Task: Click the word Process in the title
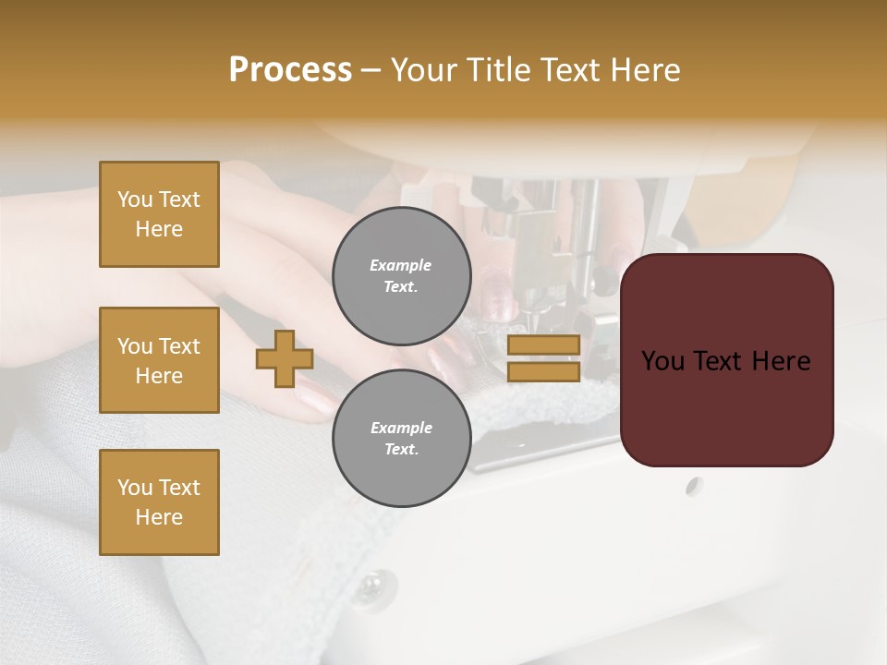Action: [290, 69]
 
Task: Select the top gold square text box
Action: [159, 214]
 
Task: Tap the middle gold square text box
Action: [159, 360]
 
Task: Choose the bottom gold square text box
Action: [159, 502]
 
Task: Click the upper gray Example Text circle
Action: [402, 276]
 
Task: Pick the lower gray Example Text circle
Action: [402, 439]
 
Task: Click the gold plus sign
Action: [285, 358]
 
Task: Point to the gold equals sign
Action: [543, 358]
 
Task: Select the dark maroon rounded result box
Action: [726, 360]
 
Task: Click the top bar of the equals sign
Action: [543, 345]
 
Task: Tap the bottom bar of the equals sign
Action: [543, 372]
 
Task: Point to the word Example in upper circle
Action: [401, 265]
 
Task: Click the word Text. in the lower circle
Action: [402, 450]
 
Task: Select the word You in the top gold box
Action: [134, 199]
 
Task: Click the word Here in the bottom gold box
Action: [159, 517]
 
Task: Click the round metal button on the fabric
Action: [373, 584]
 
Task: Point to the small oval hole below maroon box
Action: [694, 486]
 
